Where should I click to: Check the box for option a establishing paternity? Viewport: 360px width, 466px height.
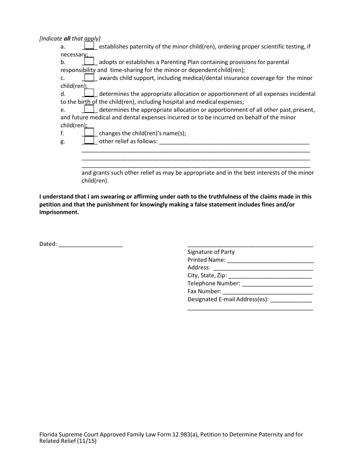(89, 45)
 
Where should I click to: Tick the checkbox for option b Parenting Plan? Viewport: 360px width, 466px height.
(89, 61)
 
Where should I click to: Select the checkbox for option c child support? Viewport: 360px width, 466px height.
(89, 77)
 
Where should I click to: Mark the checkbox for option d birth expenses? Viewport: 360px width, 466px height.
(89, 93)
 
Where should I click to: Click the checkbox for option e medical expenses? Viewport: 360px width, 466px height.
(89, 109)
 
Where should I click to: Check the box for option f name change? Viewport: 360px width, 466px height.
(89, 132)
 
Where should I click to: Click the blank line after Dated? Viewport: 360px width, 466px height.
(91, 244)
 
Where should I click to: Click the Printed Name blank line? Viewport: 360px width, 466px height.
(270, 260)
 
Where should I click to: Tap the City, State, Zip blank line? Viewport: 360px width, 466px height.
(271, 276)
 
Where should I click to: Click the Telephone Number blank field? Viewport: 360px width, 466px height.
(277, 284)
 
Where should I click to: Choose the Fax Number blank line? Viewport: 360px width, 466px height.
(268, 292)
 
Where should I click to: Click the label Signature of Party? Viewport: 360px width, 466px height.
(211, 252)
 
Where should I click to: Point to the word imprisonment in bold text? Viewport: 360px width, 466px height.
(59, 213)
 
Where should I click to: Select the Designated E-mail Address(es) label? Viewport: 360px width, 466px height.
(228, 299)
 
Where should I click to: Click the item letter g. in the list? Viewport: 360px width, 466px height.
(63, 141)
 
